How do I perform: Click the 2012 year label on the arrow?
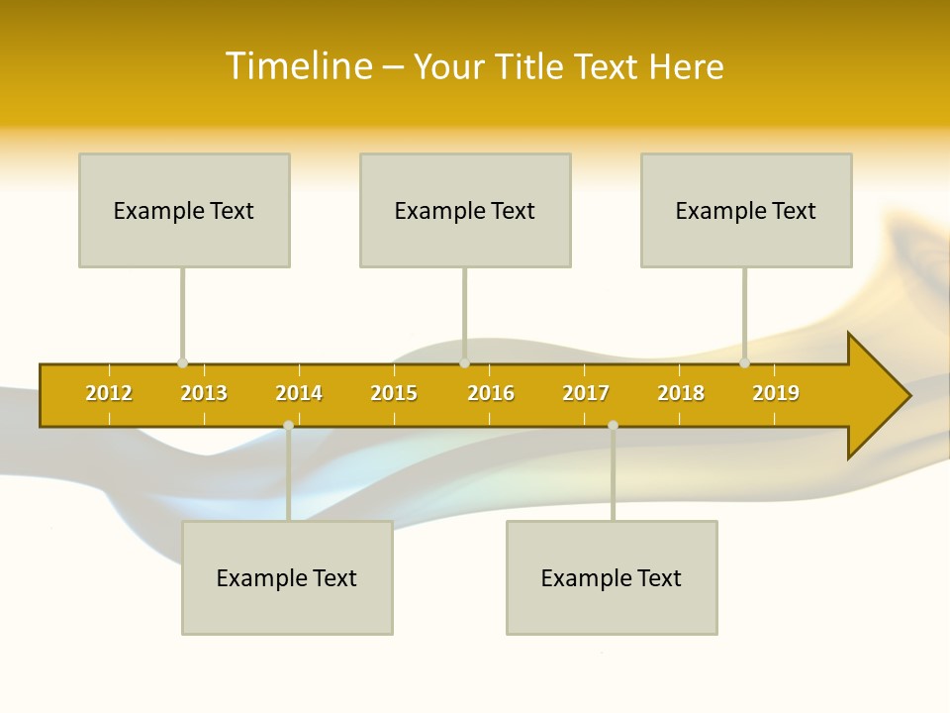pos(109,393)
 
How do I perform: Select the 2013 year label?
pos(204,393)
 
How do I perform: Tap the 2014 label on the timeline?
pos(299,393)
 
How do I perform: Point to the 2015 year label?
pos(394,393)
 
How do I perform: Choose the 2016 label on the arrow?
pos(491,393)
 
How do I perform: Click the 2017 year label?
pos(586,393)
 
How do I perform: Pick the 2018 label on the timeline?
pos(681,393)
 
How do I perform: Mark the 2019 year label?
pos(776,393)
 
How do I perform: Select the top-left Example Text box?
pos(184,210)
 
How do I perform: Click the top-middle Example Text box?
pos(465,210)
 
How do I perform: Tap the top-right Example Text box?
pos(746,210)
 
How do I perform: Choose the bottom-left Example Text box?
pos(287,577)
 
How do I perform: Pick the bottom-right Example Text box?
pos(612,577)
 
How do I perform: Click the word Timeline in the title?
pos(297,66)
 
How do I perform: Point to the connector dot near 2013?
pos(182,363)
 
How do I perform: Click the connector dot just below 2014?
pos(288,425)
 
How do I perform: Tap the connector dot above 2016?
pos(464,363)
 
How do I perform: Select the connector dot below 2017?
pos(613,425)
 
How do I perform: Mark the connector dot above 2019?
pos(744,363)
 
